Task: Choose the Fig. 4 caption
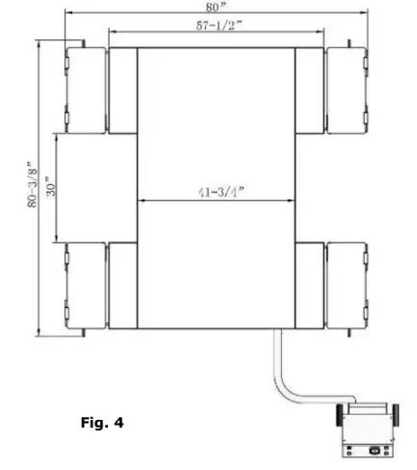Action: [103, 421]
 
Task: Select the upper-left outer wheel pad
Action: [86, 90]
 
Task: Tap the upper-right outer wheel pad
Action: [348, 90]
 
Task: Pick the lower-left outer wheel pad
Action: [86, 287]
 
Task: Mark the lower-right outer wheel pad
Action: [348, 287]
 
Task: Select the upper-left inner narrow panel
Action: [122, 90]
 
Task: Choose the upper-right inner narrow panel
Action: [311, 90]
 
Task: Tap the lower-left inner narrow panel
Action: [122, 287]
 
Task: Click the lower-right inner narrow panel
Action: [311, 287]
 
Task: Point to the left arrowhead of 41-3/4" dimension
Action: [143, 200]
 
